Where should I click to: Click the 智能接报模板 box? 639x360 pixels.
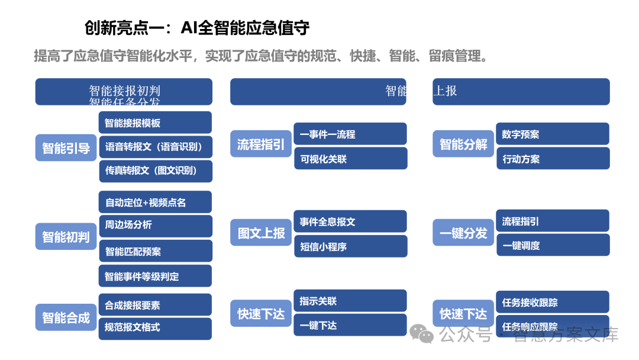(x=155, y=123)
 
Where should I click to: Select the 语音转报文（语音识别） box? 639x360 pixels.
(x=155, y=147)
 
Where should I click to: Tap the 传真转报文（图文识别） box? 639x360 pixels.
(x=155, y=171)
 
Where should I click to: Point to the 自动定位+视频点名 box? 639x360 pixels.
(x=155, y=202)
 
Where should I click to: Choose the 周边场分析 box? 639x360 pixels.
(x=155, y=226)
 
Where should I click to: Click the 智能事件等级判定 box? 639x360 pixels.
(x=155, y=276)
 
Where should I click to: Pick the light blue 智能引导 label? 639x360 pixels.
(x=66, y=147)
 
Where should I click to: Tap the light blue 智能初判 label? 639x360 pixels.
(x=66, y=237)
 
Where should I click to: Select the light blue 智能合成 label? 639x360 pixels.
(x=66, y=317)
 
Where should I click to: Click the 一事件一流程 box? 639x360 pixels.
(x=350, y=134)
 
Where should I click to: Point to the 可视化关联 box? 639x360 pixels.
(x=350, y=159)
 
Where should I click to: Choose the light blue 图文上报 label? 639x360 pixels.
(x=261, y=233)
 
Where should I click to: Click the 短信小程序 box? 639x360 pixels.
(x=350, y=247)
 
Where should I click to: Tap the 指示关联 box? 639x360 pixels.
(x=350, y=301)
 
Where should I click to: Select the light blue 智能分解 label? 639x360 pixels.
(x=463, y=144)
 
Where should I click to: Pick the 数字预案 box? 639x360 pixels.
(x=552, y=134)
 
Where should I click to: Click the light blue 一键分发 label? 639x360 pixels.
(x=463, y=233)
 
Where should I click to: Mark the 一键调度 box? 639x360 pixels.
(x=552, y=245)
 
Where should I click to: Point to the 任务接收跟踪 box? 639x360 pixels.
(x=552, y=303)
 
